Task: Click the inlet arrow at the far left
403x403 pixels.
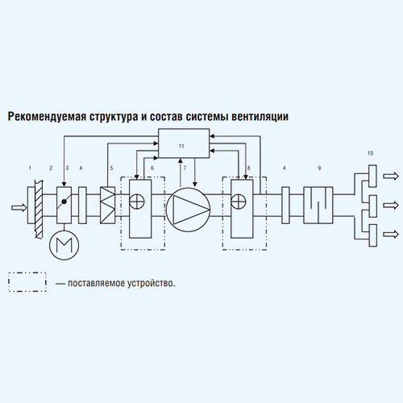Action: point(19,207)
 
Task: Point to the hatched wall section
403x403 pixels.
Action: point(39,209)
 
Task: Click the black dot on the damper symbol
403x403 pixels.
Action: point(64,201)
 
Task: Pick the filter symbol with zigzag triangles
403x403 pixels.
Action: point(107,206)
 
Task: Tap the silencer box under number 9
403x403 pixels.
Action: point(318,206)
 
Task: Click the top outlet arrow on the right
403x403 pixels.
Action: point(391,176)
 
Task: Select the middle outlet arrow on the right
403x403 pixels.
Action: point(391,206)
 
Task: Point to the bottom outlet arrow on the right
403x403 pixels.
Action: point(391,235)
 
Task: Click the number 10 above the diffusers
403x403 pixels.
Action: point(370,153)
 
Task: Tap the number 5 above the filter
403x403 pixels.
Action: point(111,168)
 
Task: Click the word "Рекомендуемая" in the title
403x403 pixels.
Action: point(47,117)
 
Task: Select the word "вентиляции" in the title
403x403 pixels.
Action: point(260,117)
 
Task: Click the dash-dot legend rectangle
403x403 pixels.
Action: point(27,272)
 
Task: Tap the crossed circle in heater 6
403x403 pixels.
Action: point(137,201)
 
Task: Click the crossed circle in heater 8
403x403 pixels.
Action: point(239,201)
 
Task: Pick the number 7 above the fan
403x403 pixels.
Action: point(185,168)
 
